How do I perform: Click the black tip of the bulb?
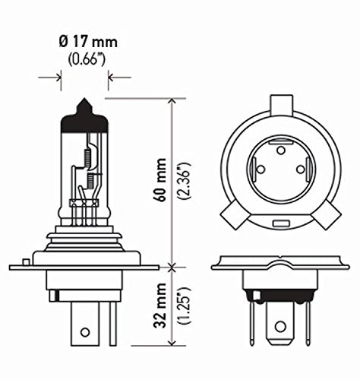coord(84,107)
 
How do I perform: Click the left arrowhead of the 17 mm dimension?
coord(58,76)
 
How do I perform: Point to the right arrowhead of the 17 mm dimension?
coord(111,76)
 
